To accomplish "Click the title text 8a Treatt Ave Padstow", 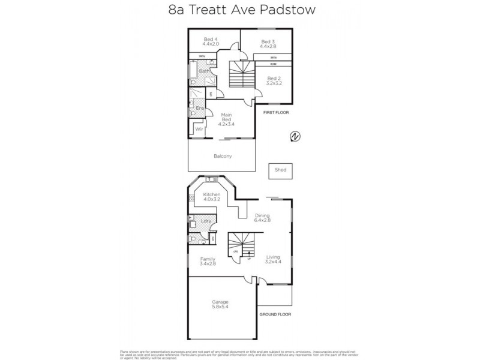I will (239, 10).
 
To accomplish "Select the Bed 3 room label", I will (268, 43).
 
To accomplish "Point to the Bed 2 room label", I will (274, 80).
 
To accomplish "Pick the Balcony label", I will (223, 156).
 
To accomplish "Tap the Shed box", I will (281, 170).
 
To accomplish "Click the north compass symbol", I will (295, 137).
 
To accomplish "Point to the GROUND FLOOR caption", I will (275, 314).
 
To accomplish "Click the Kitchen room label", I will (212, 197).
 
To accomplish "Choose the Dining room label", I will (262, 218).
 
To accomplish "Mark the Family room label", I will (208, 261).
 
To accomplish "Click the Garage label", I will (220, 304).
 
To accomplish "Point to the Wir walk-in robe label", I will (199, 128).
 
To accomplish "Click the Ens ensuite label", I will (200, 108).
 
